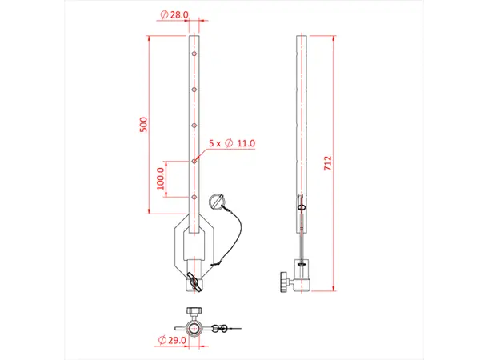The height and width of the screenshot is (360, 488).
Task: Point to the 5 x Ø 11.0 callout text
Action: (x=231, y=143)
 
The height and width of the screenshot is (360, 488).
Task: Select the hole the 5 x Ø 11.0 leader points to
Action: (x=194, y=161)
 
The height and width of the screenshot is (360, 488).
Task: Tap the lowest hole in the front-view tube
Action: (x=194, y=196)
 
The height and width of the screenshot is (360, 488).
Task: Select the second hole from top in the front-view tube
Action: (x=194, y=90)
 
